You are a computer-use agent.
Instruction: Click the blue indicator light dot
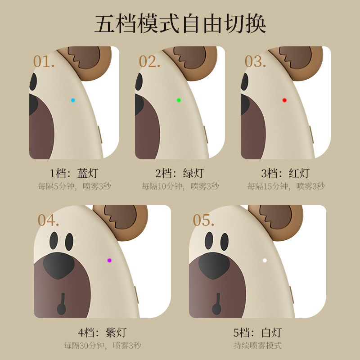[x=73, y=100]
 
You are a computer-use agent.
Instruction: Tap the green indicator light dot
[x=179, y=100]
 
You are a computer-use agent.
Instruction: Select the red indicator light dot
[x=284, y=100]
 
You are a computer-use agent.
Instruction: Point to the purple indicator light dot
[x=109, y=261]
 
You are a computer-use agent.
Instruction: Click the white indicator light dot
[x=265, y=261]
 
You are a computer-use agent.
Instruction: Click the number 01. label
[x=44, y=62]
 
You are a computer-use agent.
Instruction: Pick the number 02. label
[x=149, y=62]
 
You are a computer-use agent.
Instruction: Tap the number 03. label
[x=255, y=62]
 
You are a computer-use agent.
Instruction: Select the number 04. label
[x=48, y=220]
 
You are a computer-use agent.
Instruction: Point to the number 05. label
[x=203, y=220]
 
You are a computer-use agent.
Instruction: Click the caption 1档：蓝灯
[x=74, y=173]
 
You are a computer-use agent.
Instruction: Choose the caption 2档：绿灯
[x=180, y=173]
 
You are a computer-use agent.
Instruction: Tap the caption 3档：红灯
[x=285, y=173]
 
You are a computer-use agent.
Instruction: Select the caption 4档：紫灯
[x=102, y=333]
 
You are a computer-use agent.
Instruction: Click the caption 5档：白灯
[x=257, y=333]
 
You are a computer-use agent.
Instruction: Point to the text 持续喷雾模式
[x=257, y=346]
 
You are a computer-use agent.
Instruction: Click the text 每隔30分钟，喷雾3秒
[x=103, y=346]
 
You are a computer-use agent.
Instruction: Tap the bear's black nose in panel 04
[x=59, y=265]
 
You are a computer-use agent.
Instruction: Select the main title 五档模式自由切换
[x=180, y=24]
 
